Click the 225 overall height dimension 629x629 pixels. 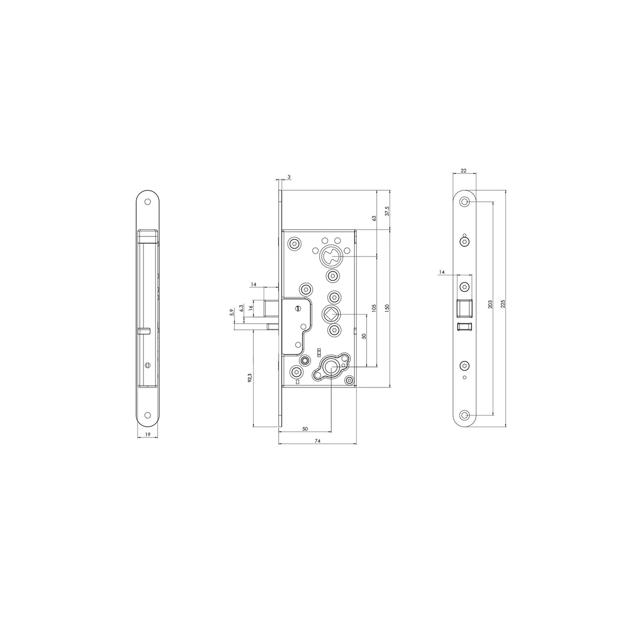[503, 304]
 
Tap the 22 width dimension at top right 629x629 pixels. [463, 171]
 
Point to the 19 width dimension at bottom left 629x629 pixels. [147, 434]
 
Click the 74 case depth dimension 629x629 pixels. [317, 441]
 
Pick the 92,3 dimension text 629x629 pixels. [250, 378]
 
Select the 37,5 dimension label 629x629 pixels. [387, 211]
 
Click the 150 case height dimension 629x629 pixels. [387, 308]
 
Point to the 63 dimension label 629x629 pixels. [374, 218]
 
